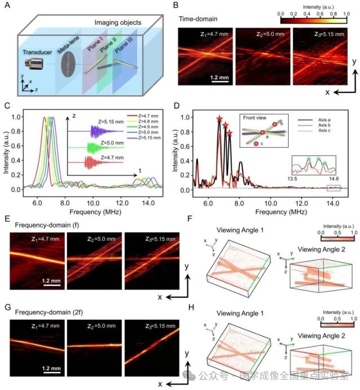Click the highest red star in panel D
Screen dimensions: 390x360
click(x=219, y=119)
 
